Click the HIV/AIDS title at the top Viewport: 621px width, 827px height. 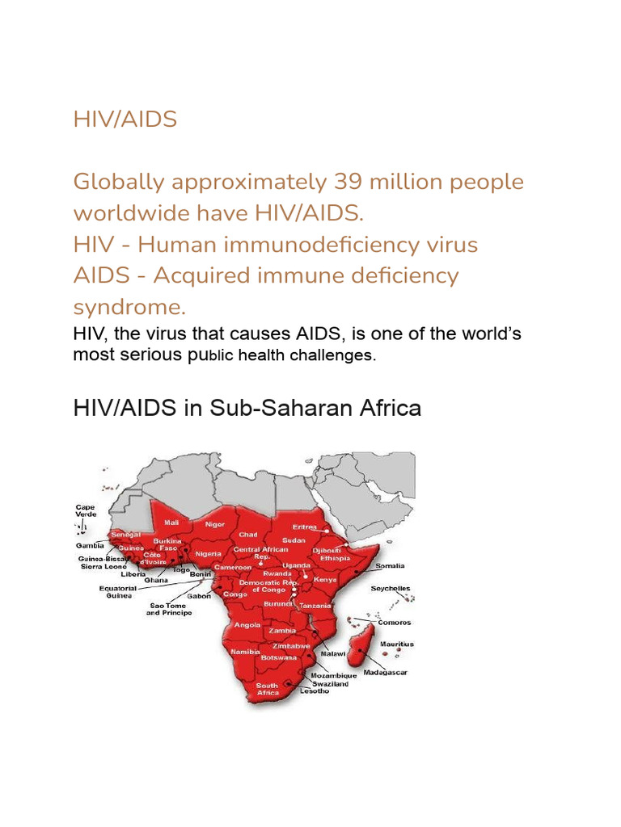click(125, 120)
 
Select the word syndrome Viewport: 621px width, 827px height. click(129, 307)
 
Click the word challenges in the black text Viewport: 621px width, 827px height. click(334, 355)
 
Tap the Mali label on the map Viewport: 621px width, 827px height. click(171, 523)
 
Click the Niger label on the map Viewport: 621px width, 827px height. click(215, 523)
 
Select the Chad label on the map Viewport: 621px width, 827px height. click(248, 535)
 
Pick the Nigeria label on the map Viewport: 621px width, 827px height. click(208, 553)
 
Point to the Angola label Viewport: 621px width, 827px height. click(247, 624)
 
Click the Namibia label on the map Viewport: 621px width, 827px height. click(244, 651)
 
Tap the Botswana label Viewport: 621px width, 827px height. click(277, 658)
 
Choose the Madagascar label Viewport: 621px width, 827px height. click(385, 672)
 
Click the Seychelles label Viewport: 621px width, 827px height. click(390, 589)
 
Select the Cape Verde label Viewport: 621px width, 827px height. click(86, 510)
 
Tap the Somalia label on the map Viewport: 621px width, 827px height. click(390, 566)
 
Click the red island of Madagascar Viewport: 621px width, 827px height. click(361, 646)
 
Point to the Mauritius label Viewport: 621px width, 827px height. click(397, 644)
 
